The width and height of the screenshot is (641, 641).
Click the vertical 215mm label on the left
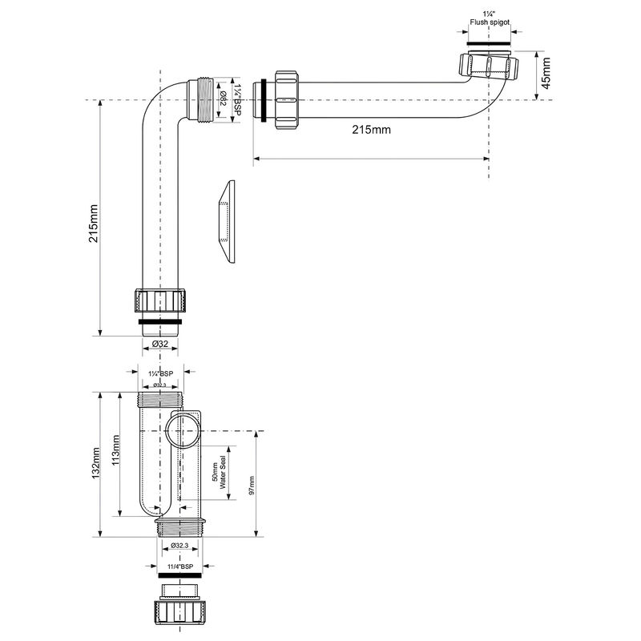(x=94, y=222)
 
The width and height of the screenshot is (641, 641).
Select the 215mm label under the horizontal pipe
(x=371, y=130)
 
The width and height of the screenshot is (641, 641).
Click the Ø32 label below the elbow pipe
(x=160, y=344)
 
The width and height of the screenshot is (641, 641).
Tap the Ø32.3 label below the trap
(x=179, y=546)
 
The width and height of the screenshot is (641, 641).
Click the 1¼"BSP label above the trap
(x=161, y=373)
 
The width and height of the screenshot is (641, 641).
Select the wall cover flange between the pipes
(x=225, y=220)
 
